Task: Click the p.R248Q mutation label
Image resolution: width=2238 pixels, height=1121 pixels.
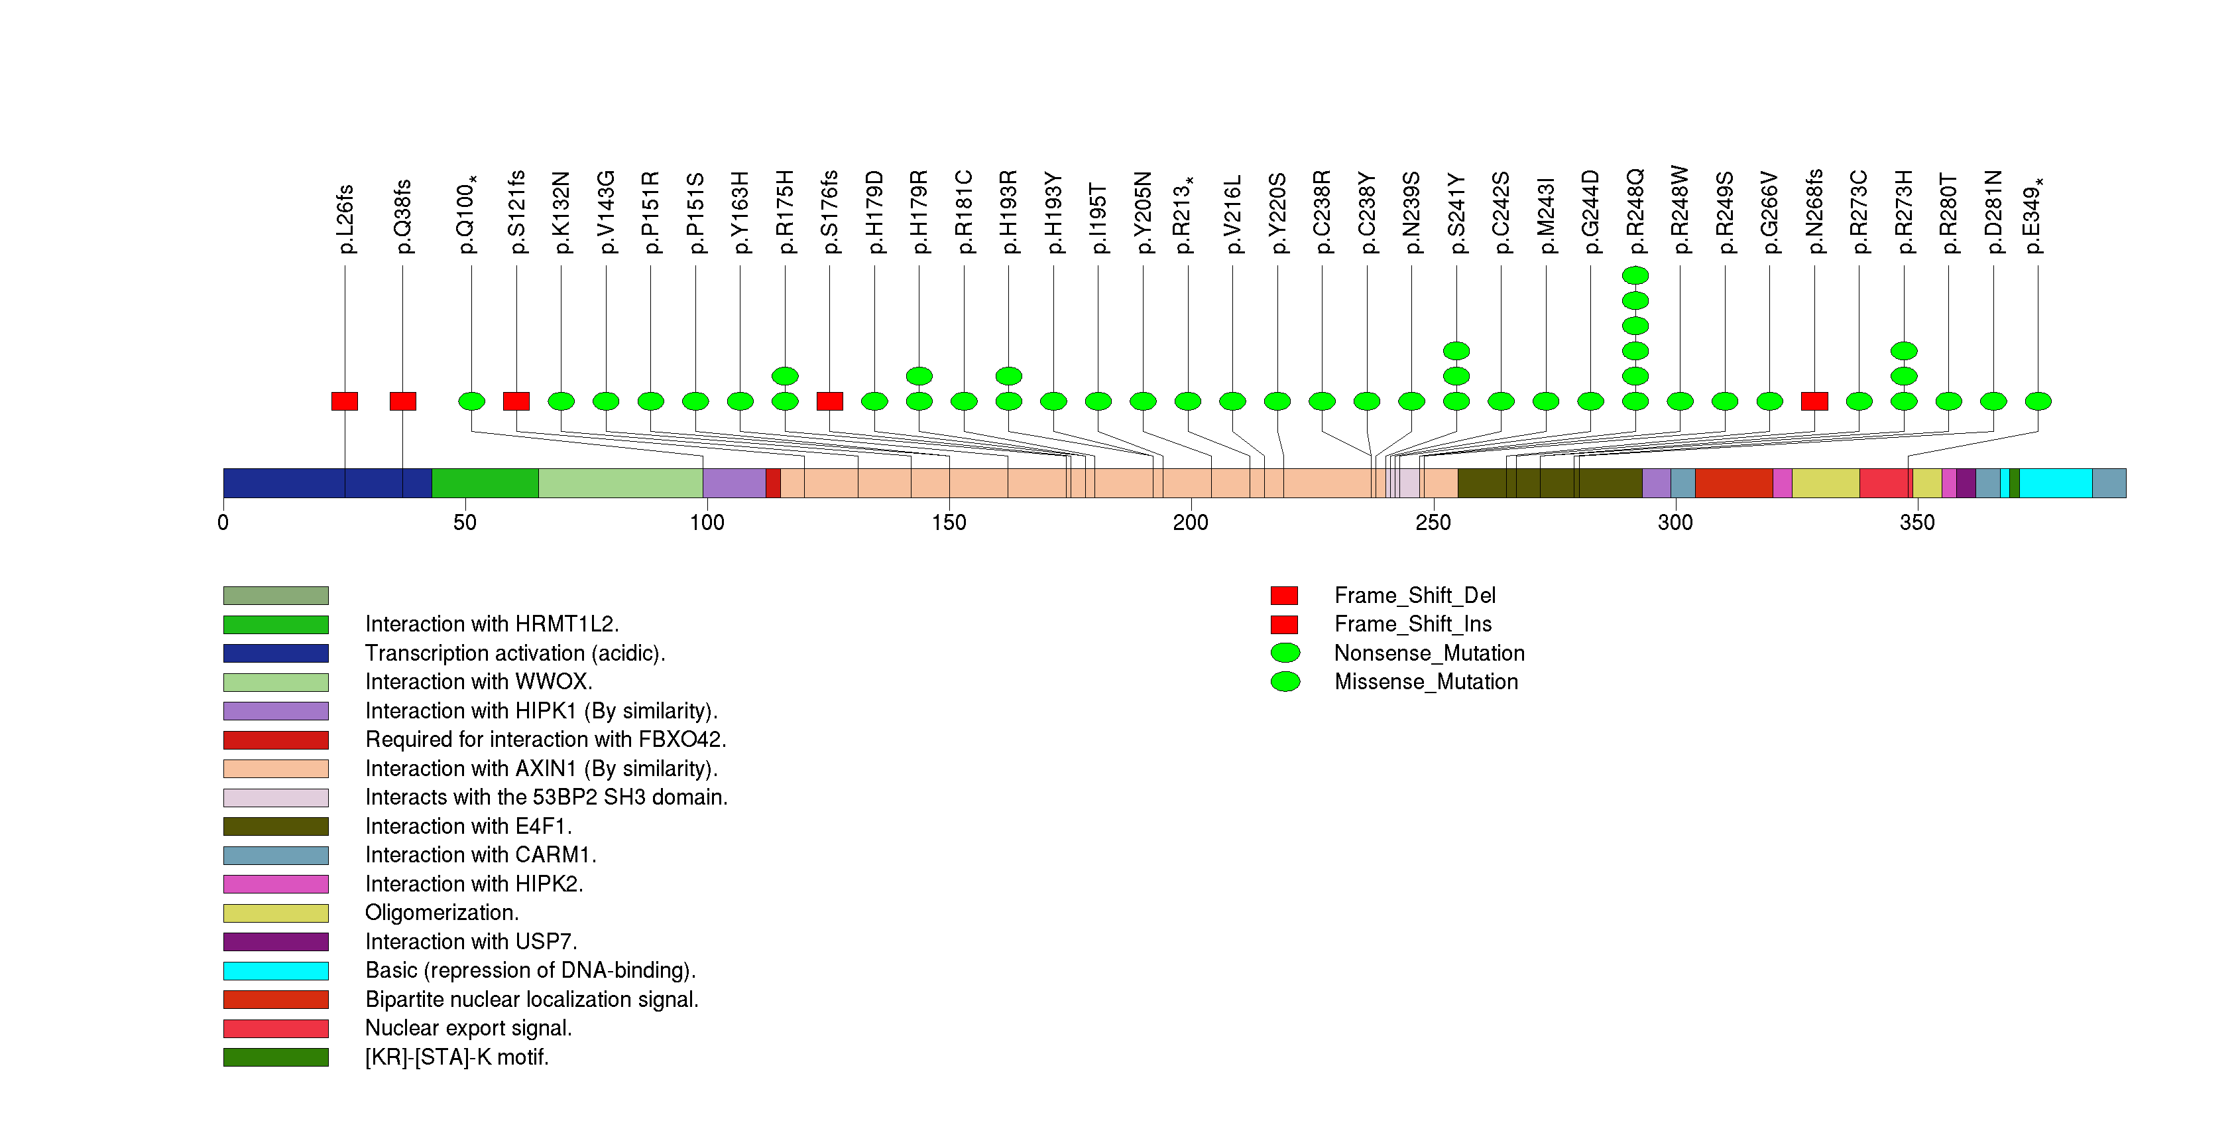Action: coord(1635,213)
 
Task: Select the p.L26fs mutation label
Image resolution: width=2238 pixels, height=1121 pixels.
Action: coord(345,219)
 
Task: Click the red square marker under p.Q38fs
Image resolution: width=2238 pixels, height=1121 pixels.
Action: coord(402,401)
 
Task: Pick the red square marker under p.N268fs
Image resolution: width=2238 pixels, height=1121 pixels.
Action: coord(1814,401)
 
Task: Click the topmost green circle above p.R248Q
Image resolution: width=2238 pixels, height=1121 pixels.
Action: coord(1635,275)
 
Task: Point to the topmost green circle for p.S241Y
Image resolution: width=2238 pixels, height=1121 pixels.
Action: coord(1456,351)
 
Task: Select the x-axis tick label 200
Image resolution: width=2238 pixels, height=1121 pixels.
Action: coord(1190,522)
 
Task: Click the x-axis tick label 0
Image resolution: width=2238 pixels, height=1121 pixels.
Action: coord(223,522)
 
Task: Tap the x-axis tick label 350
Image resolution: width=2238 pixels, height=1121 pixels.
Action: coord(1916,522)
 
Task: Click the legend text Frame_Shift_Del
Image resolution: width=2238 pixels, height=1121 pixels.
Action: coord(1415,595)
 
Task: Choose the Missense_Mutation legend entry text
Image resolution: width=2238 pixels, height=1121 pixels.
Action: coord(1426,682)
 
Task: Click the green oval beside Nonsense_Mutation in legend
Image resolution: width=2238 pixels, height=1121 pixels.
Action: coord(1285,653)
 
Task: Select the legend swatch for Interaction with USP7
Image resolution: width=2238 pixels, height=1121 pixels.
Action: coord(275,942)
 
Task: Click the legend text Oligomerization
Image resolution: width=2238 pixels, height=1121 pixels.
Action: coord(442,913)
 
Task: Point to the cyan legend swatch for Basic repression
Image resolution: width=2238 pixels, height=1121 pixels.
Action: coord(275,970)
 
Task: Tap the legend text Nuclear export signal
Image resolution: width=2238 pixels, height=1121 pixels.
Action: coord(468,1028)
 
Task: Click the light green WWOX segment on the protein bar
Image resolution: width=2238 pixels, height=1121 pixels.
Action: coord(620,483)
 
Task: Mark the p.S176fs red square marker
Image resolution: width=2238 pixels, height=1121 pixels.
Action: coord(830,401)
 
